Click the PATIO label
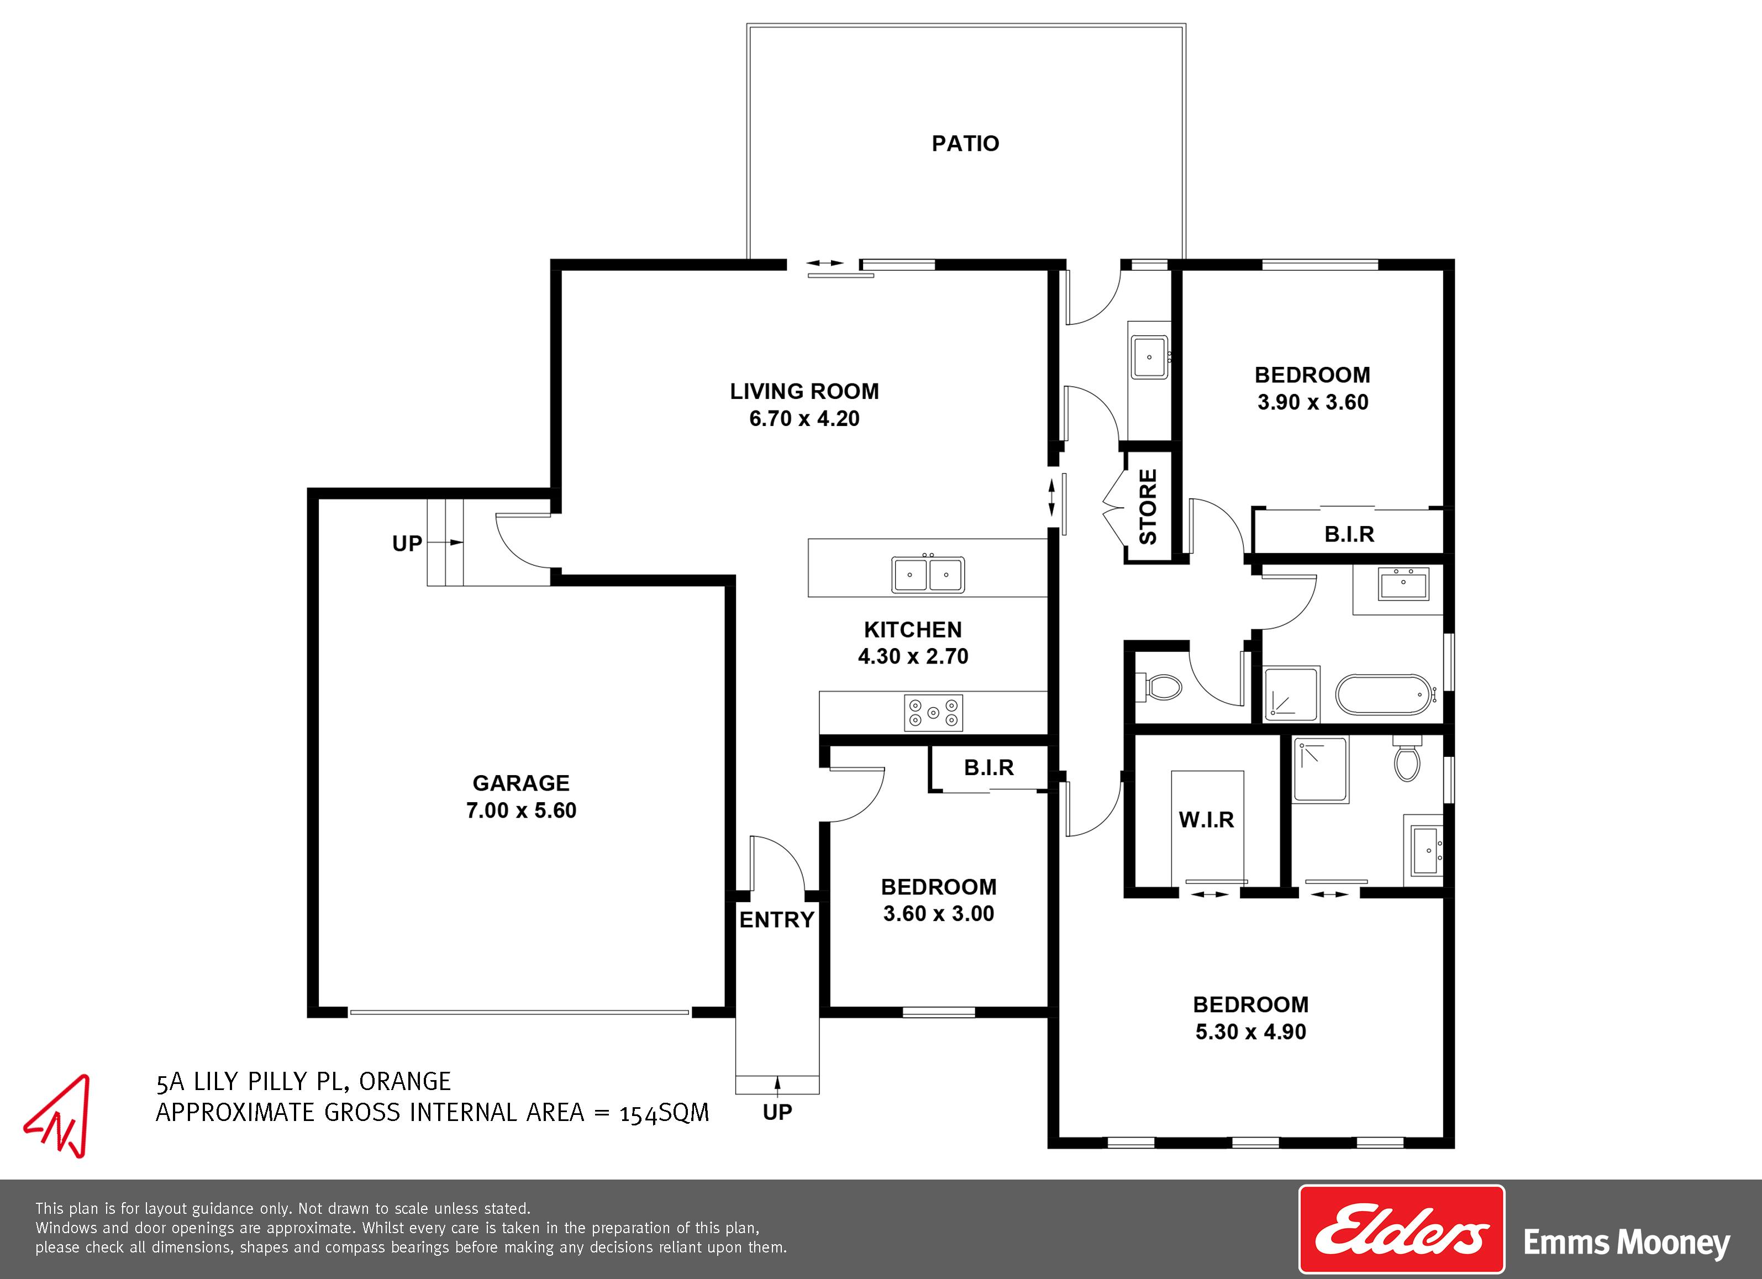[965, 143]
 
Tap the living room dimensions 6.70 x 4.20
[804, 419]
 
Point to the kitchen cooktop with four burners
[933, 713]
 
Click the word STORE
[1148, 507]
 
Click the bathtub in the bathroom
[1383, 694]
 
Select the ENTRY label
[777, 920]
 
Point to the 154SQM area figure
[664, 1113]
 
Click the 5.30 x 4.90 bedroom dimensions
[1251, 1032]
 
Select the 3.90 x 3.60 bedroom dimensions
[1313, 403]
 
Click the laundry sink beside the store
[1149, 357]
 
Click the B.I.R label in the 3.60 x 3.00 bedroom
[989, 768]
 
